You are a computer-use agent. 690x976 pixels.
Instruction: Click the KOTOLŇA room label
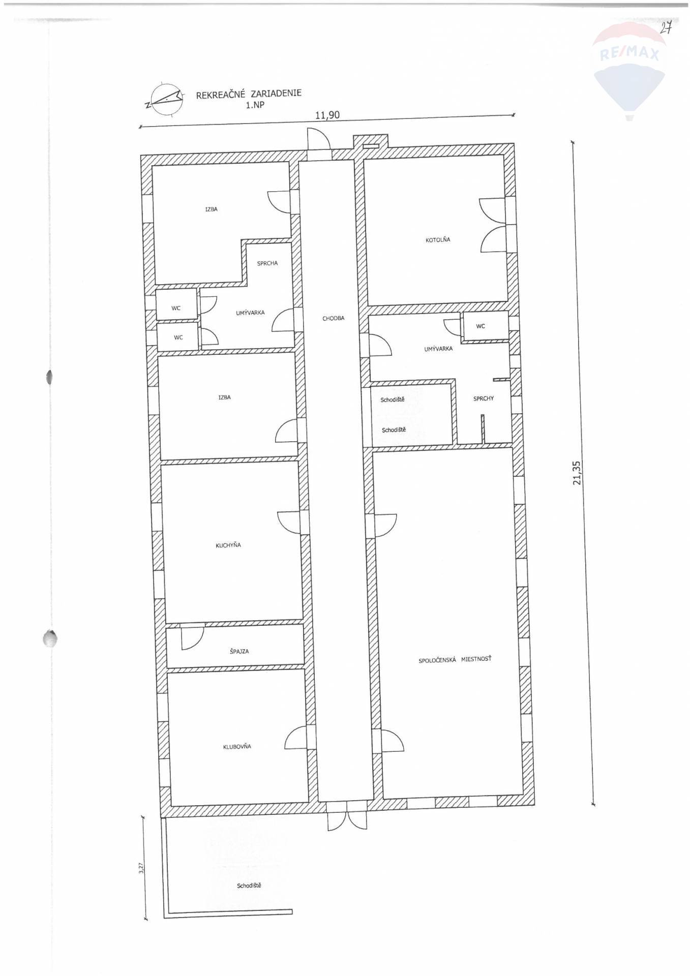click(438, 239)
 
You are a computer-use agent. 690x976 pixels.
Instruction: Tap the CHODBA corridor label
click(333, 318)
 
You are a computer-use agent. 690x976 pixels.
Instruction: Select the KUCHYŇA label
click(228, 545)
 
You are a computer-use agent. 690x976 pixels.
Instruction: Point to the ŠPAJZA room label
click(239, 651)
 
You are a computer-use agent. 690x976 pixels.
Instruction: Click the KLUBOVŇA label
click(237, 747)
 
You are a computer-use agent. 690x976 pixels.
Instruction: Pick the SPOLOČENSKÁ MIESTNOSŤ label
click(455, 659)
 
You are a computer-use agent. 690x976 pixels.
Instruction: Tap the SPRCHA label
click(267, 263)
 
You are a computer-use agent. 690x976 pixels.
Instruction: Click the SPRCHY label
click(484, 399)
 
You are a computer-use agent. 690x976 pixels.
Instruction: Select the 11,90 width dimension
click(327, 115)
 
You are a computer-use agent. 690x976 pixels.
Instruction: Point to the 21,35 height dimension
click(576, 473)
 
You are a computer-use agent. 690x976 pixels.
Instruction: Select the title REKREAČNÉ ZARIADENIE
click(249, 94)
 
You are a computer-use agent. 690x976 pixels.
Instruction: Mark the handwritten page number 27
click(666, 28)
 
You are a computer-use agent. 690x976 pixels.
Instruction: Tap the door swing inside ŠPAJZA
click(192, 637)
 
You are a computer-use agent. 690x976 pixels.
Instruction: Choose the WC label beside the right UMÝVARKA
click(481, 326)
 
